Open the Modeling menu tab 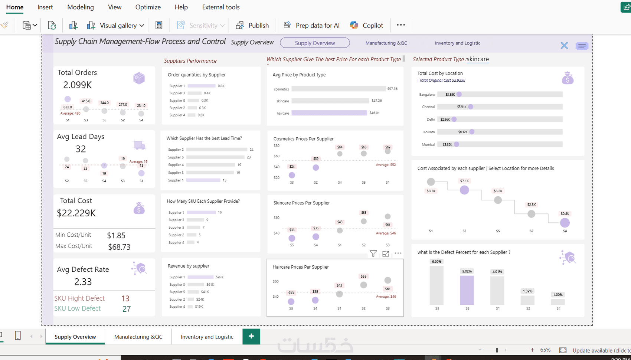pos(81,7)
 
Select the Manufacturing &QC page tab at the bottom pos(138,337)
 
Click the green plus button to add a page pos(251,336)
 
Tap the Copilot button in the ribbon pos(366,25)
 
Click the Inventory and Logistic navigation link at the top pos(457,43)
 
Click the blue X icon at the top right pos(564,46)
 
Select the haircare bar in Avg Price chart pos(329,113)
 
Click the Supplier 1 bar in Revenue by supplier pos(200,277)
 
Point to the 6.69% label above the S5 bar pos(437,262)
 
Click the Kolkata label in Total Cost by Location pos(429,132)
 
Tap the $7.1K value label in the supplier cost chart pos(464,181)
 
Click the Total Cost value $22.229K pos(76,213)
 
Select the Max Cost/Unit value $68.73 pos(119,247)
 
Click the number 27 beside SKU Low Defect pos(127,309)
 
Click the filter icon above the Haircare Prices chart pos(373,253)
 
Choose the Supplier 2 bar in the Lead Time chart pos(217,150)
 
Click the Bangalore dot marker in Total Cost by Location pos(459,94)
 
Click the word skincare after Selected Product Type pos(478,59)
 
